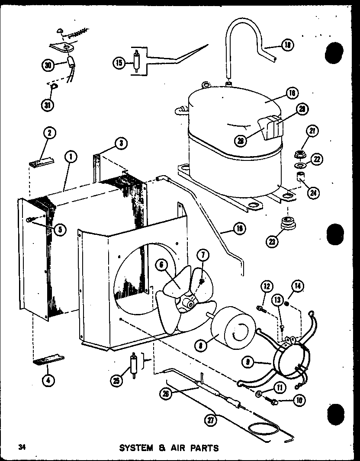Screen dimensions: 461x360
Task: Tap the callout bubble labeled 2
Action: point(50,134)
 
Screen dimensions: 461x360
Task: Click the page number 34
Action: point(19,446)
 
